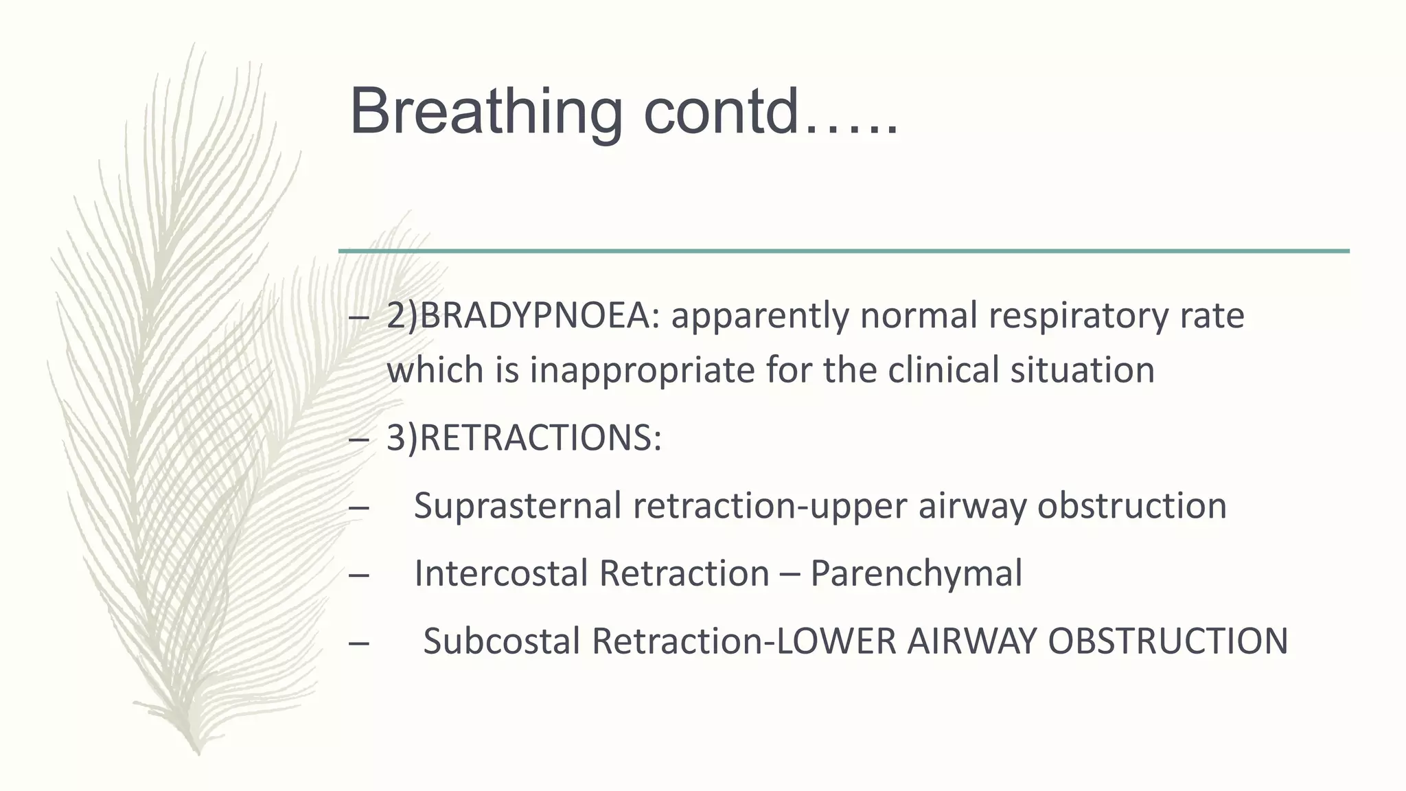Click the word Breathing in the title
tap(485, 112)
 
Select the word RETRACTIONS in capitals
tap(536, 438)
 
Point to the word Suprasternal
tap(518, 506)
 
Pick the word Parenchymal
tap(916, 573)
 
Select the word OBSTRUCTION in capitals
tap(1168, 641)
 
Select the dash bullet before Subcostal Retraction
tap(358, 642)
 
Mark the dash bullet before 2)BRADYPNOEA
tap(358, 317)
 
